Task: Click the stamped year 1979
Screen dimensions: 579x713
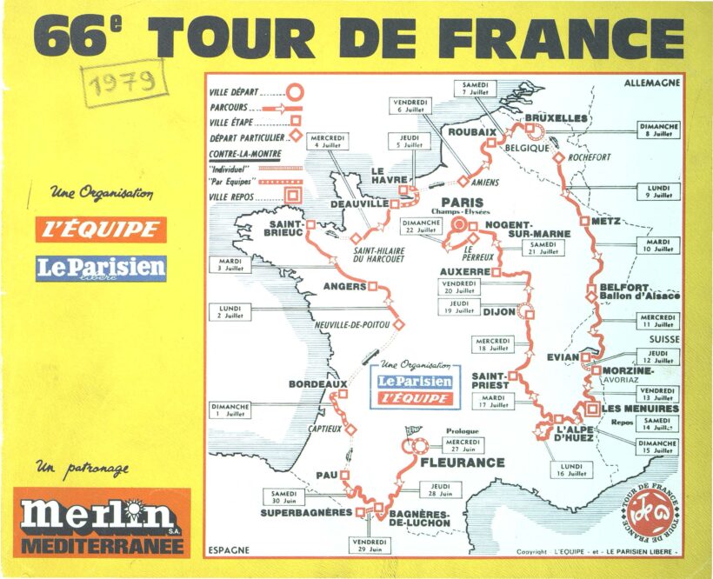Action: pos(122,83)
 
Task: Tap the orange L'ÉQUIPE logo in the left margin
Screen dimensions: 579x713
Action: pos(101,230)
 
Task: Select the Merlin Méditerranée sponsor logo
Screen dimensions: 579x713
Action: pos(102,522)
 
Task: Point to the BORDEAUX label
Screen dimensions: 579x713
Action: pos(318,383)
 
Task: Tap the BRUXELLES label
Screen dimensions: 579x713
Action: pos(556,117)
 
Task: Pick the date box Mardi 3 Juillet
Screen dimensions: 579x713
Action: pos(230,264)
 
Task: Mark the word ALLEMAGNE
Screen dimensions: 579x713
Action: pos(651,83)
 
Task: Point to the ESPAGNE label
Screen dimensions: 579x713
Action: pos(230,549)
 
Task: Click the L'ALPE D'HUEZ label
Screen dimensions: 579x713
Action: pos(575,433)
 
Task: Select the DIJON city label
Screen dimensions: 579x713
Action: pos(498,311)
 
